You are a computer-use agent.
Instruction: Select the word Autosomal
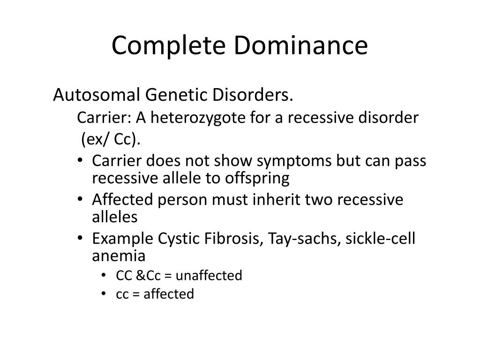coord(97,95)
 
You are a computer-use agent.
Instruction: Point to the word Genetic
coord(176,95)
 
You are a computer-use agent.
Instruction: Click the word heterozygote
coord(198,118)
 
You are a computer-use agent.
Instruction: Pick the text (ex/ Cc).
coord(111,139)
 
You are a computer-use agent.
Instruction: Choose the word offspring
coord(257,179)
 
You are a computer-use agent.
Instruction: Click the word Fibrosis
coord(234,239)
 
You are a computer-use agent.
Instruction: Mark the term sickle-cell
coord(381,239)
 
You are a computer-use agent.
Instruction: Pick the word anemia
coord(119,256)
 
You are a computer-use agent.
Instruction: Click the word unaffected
coord(209,275)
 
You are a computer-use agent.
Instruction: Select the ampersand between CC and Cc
coord(141,276)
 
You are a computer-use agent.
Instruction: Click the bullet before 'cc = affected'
coord(104,293)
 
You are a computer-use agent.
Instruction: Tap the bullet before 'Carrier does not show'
coord(80,160)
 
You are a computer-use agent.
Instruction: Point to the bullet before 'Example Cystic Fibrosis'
coord(80,238)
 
